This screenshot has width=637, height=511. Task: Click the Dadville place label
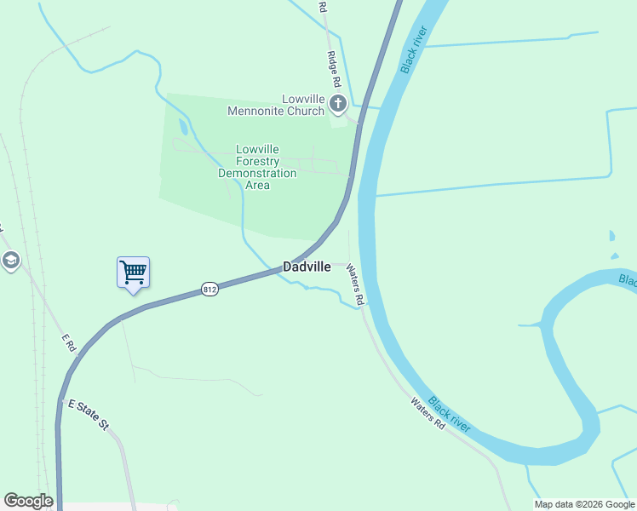click(x=307, y=267)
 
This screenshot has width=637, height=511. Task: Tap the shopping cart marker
click(x=133, y=273)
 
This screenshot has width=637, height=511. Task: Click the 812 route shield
click(x=210, y=290)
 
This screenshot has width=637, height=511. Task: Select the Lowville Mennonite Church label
click(x=275, y=105)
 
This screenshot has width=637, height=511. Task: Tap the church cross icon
click(x=337, y=105)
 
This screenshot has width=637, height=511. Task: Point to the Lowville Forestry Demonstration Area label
click(x=257, y=167)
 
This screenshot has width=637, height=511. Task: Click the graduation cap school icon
click(x=11, y=260)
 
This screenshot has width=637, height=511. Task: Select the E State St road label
click(x=88, y=413)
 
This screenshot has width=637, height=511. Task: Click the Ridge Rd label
click(x=334, y=69)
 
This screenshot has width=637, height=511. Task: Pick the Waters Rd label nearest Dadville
click(x=354, y=284)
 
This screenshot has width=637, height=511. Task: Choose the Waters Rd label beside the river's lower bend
click(x=428, y=413)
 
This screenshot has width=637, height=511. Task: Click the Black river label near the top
click(x=412, y=49)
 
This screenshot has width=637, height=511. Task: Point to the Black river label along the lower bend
click(x=449, y=413)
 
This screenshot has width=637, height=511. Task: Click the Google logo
click(x=28, y=501)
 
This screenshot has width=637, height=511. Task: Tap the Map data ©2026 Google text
click(x=585, y=504)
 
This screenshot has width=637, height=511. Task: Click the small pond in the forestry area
click(x=183, y=128)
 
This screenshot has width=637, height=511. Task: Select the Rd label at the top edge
click(x=323, y=6)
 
